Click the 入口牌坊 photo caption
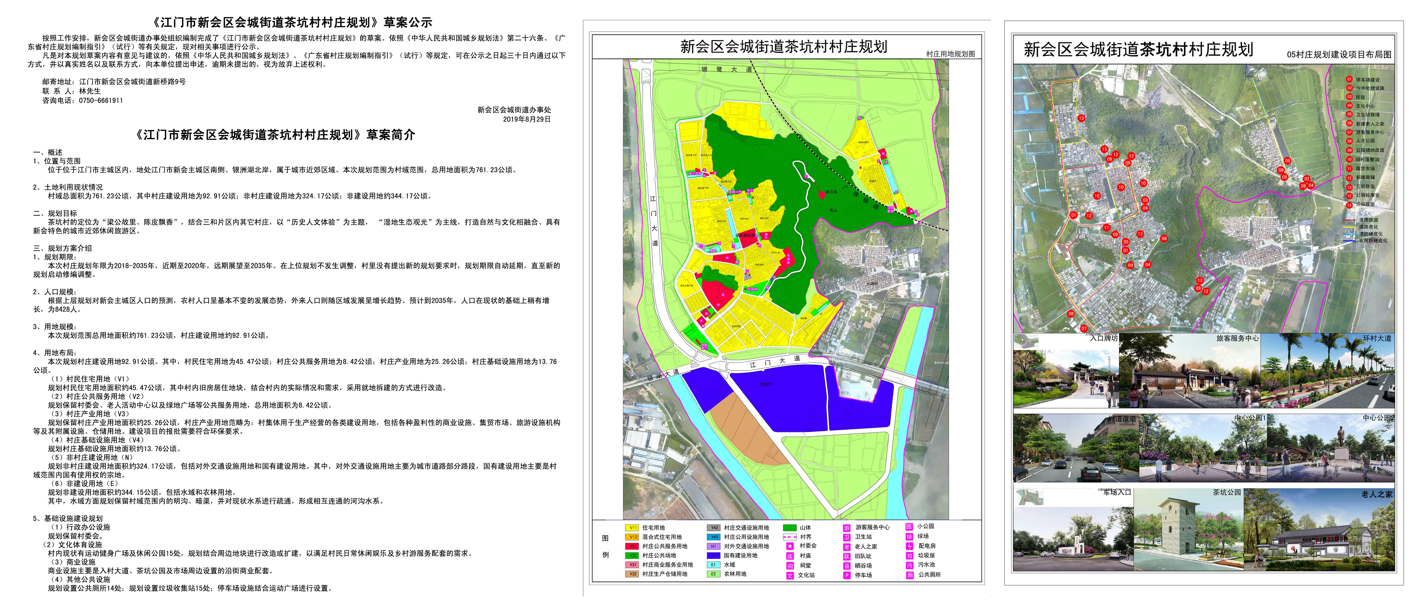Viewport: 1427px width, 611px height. pos(1104,338)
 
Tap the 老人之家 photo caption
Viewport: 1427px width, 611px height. pos(1376,494)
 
